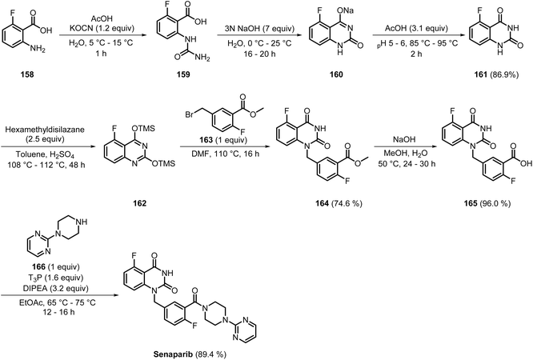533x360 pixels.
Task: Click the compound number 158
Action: tap(27, 74)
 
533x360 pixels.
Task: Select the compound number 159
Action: tap(183, 74)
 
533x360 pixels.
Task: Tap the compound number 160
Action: tap(335, 74)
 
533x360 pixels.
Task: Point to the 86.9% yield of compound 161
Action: tap(503, 74)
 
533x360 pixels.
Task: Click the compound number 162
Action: tap(140, 203)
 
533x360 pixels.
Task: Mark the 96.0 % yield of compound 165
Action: tap(495, 203)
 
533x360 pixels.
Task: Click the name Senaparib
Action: tap(171, 354)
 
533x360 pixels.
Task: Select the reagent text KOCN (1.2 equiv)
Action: tap(102, 28)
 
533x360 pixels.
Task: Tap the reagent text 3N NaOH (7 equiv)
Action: tap(256, 28)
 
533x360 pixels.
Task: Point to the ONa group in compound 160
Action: tap(346, 10)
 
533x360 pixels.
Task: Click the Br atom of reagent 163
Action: tap(190, 114)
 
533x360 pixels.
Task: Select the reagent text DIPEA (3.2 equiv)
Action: tap(59, 288)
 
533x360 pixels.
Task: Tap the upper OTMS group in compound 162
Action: tap(143, 128)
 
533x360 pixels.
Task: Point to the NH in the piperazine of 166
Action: tap(82, 222)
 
